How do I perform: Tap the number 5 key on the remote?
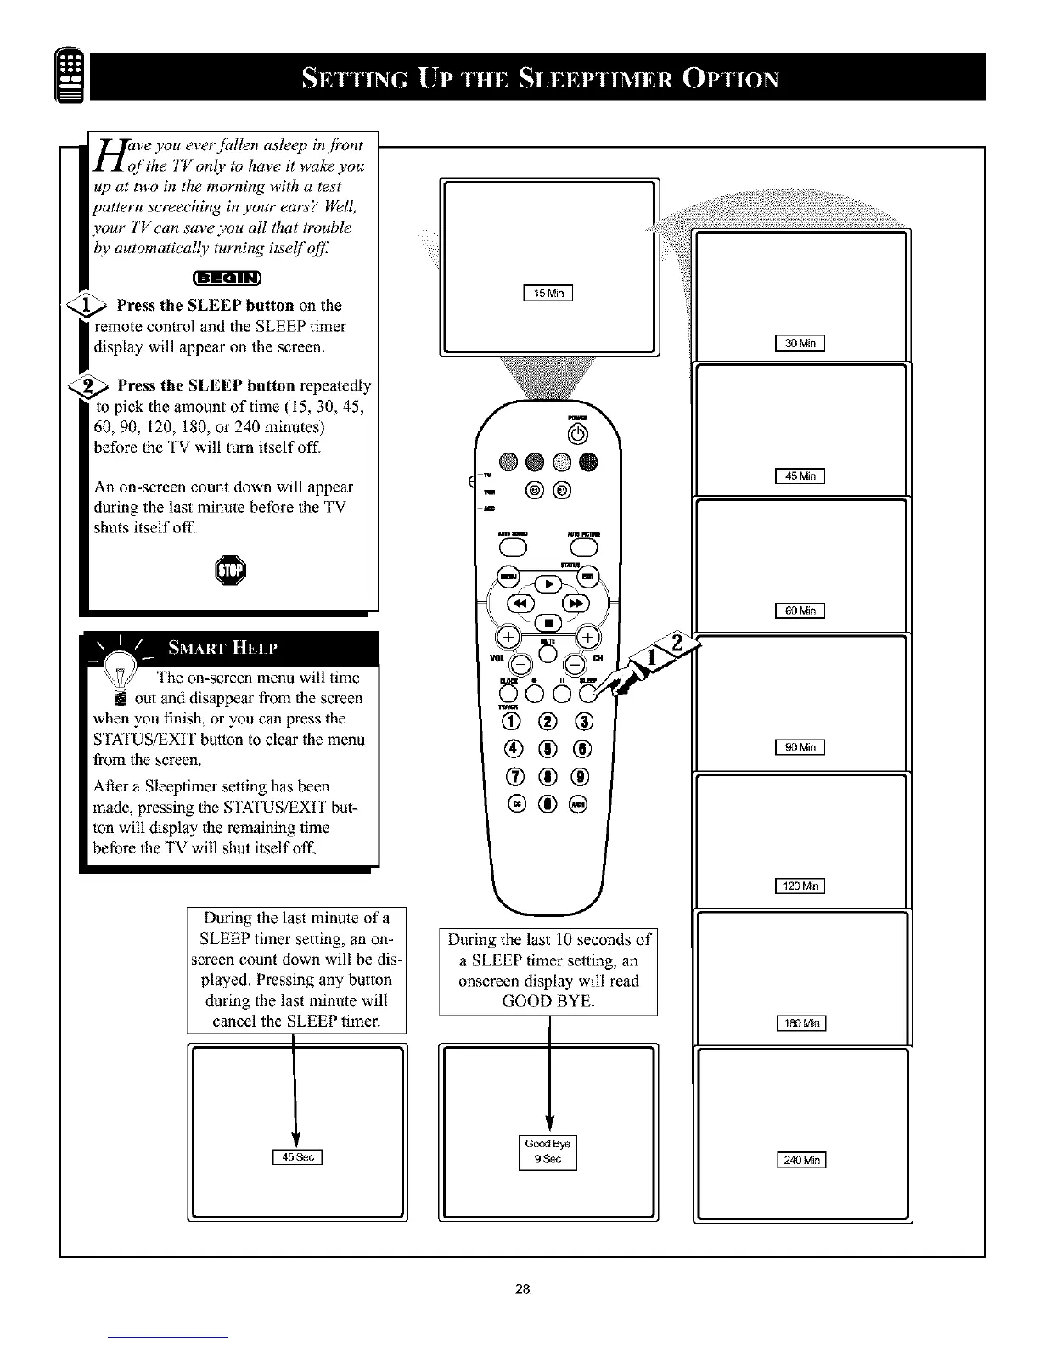click(548, 749)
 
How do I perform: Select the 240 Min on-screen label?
click(801, 1162)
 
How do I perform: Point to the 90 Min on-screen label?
click(801, 747)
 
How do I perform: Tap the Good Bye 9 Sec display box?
click(548, 1151)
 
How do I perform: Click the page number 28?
click(522, 1289)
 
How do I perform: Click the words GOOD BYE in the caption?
click(548, 1001)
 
